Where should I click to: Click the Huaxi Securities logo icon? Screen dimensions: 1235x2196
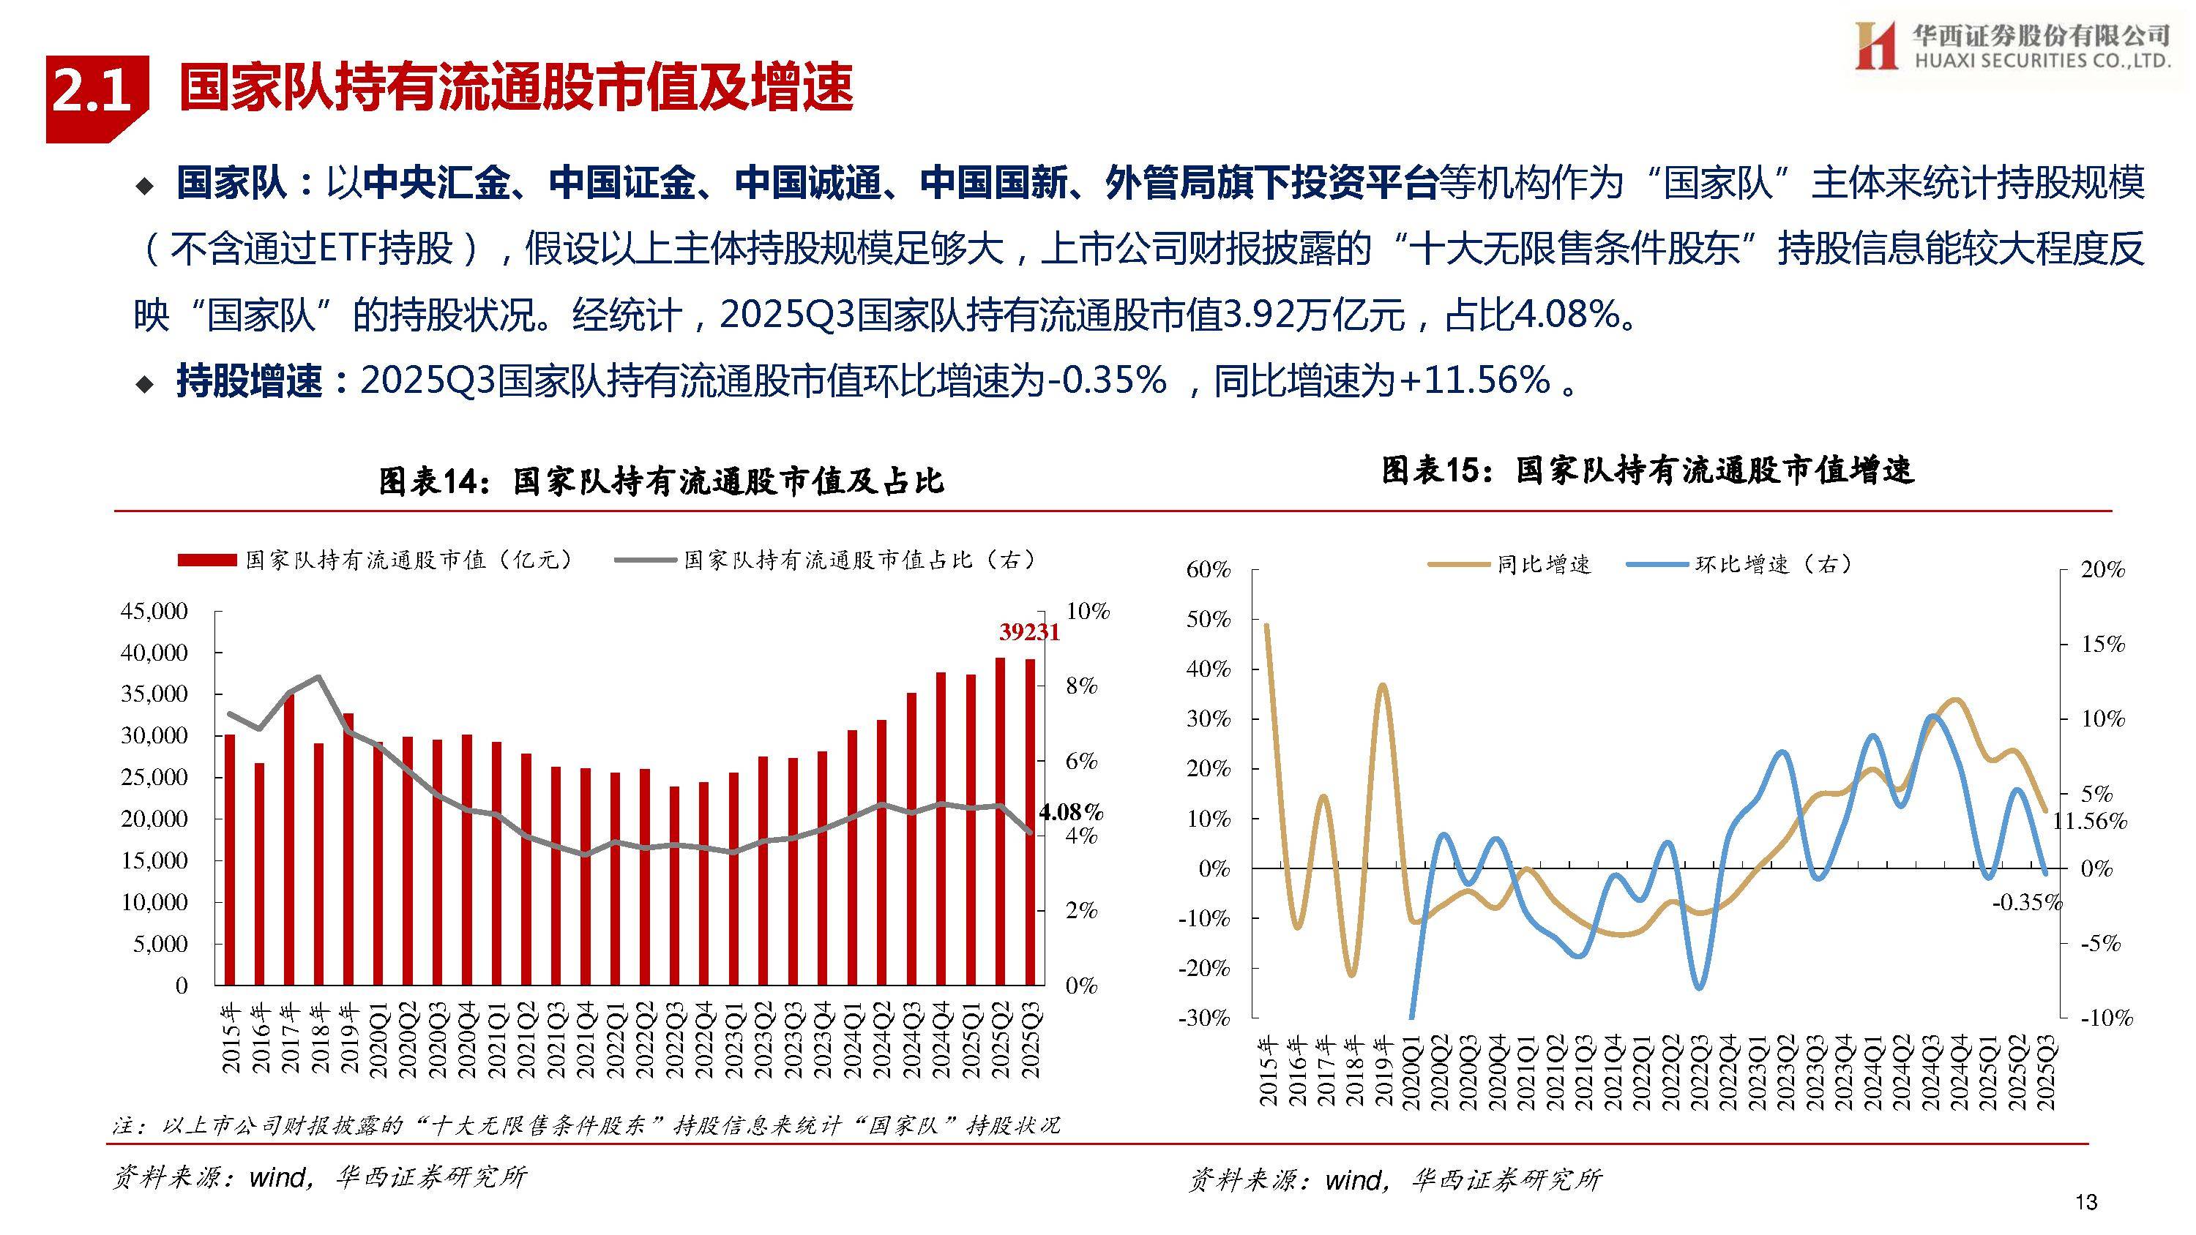coord(1876,45)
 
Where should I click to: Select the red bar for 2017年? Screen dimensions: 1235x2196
coord(290,839)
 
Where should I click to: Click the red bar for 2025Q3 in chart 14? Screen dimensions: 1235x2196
coord(1031,822)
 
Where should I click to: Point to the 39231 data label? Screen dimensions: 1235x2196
coord(1029,631)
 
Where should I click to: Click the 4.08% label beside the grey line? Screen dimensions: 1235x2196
coord(1070,811)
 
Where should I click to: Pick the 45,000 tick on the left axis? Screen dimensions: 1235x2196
coord(154,611)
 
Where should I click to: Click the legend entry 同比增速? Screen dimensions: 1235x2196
coord(1509,564)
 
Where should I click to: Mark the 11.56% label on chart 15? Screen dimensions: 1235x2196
coord(2089,821)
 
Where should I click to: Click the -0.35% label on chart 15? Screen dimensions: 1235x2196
coord(2025,903)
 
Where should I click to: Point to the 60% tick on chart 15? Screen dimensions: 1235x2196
coord(1208,569)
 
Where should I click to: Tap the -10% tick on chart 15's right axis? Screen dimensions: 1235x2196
coord(2106,1017)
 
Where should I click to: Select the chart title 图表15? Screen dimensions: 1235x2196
coord(1647,470)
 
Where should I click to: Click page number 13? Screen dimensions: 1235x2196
coord(2085,1202)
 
